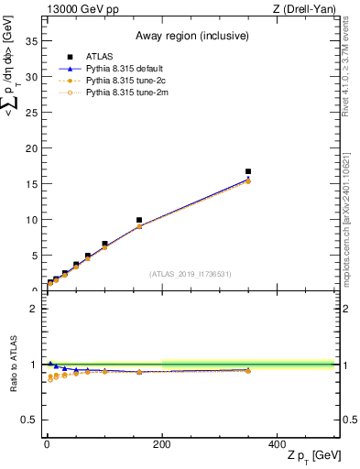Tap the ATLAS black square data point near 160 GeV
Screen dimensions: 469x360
pos(139,220)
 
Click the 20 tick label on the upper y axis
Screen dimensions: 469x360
pos(34,148)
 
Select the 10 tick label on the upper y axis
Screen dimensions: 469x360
pos(34,220)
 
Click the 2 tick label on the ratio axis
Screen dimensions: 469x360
pos(36,309)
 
